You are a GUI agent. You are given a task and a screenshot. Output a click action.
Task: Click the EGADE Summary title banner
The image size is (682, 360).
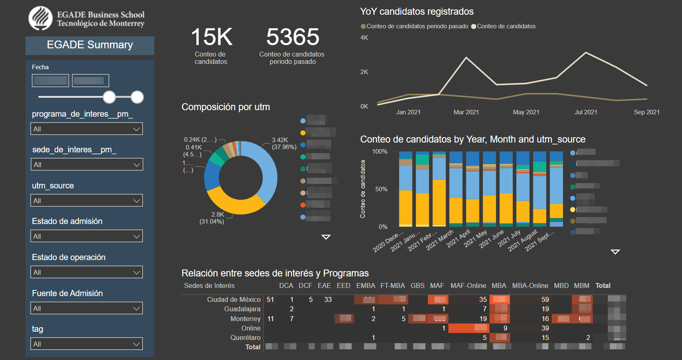click(90, 45)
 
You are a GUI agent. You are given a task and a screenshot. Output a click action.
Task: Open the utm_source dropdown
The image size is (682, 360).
click(86, 201)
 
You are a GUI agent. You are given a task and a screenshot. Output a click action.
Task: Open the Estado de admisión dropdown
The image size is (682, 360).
click(86, 236)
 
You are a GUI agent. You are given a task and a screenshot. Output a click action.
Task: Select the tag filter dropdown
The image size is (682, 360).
click(86, 344)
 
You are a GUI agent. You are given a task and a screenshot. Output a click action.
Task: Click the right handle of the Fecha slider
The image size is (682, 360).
click(137, 97)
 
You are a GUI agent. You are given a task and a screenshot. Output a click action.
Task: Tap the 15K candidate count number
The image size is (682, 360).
click(211, 37)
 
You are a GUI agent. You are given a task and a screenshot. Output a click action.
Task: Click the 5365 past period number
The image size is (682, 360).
click(293, 37)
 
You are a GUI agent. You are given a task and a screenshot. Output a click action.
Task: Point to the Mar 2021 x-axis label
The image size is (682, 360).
click(466, 112)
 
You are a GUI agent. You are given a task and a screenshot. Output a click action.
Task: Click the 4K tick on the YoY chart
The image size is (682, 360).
click(364, 38)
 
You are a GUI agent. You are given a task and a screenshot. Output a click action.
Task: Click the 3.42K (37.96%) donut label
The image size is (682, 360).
click(284, 143)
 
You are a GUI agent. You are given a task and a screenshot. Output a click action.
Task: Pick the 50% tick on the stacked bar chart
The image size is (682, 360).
click(381, 189)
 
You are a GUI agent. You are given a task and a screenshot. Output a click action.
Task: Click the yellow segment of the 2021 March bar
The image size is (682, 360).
click(439, 203)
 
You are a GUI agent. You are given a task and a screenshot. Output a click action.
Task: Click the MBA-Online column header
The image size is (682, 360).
click(530, 285)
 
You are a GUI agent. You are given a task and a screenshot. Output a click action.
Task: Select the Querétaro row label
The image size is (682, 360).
click(245, 337)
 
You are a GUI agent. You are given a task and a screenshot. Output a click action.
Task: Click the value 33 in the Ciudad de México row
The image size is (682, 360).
click(328, 299)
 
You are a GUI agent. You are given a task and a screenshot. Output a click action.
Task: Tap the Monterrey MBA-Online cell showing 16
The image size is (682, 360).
click(545, 319)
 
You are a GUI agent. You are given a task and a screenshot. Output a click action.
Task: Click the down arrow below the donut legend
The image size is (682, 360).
click(326, 237)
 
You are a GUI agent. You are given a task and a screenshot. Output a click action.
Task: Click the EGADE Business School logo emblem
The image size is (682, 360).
click(41, 18)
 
